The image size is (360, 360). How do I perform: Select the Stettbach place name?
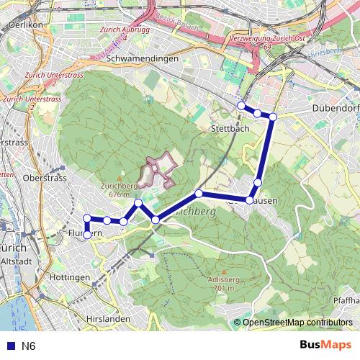click(229, 127)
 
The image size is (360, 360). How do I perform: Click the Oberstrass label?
click(45, 177)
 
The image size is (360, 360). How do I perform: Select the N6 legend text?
click(28, 346)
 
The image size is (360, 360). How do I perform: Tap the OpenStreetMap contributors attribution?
click(296, 323)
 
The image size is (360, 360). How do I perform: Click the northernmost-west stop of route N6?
click(241, 106)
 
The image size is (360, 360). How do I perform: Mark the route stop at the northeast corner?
click(273, 116)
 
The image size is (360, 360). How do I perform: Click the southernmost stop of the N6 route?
click(87, 235)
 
